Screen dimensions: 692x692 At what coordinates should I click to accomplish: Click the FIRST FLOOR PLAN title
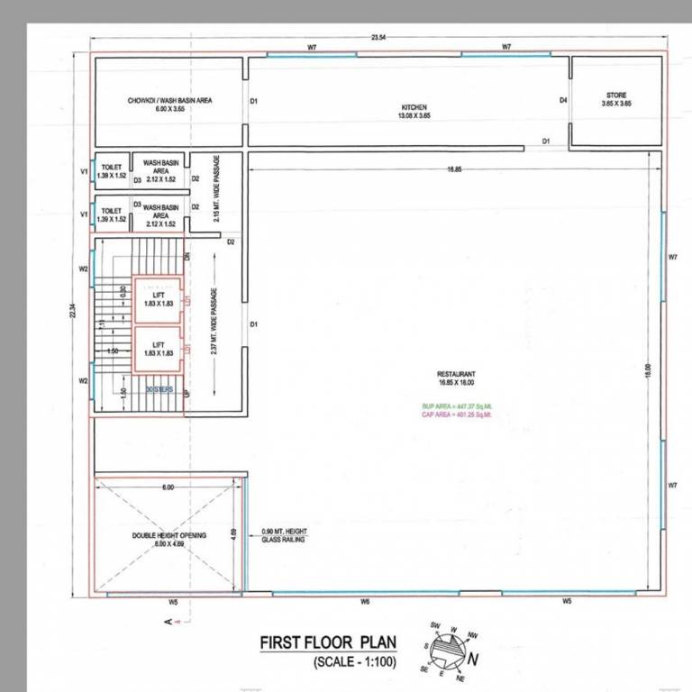tap(323, 642)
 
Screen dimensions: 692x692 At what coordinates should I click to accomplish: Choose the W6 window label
tap(366, 601)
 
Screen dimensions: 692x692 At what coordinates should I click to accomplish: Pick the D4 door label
tap(562, 100)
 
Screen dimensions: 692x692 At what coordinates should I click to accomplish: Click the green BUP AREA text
tap(458, 406)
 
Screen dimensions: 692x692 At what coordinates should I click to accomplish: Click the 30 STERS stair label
tap(159, 389)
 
